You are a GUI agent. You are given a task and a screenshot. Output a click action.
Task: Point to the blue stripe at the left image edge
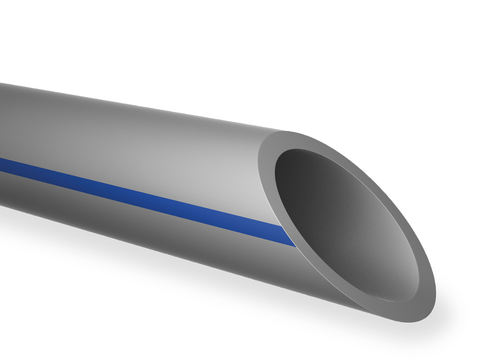coord(3,165)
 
